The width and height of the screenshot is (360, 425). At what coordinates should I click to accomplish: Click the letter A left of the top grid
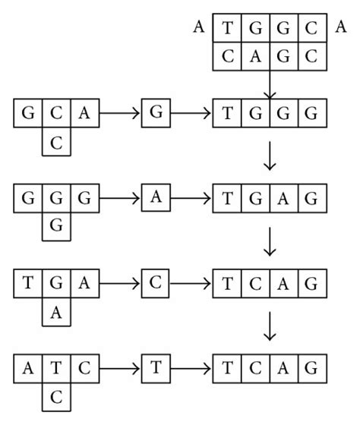pos(199,28)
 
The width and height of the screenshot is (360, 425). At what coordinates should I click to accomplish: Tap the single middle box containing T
pos(156,369)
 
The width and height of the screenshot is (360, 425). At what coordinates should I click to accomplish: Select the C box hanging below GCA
pos(55,140)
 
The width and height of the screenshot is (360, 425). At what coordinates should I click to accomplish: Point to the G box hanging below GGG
pos(55,225)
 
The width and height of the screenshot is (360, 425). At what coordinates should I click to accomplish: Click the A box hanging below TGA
pos(55,311)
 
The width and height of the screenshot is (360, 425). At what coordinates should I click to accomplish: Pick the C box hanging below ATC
pos(55,396)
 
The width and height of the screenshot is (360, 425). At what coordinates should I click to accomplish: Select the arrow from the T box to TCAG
pos(191,369)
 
